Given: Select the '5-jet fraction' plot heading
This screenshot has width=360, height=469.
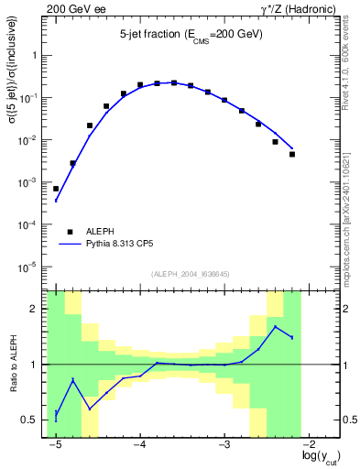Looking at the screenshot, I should (x=191, y=34).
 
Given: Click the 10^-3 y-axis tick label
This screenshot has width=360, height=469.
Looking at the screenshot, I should (x=30, y=182).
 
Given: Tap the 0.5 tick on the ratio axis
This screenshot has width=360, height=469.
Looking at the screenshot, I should (x=31, y=420).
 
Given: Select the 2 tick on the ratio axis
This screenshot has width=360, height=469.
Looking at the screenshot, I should (x=37, y=309).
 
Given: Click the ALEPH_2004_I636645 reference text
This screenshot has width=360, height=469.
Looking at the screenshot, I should (x=191, y=274).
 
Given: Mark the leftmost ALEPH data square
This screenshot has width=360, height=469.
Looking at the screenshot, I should (x=56, y=189).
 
